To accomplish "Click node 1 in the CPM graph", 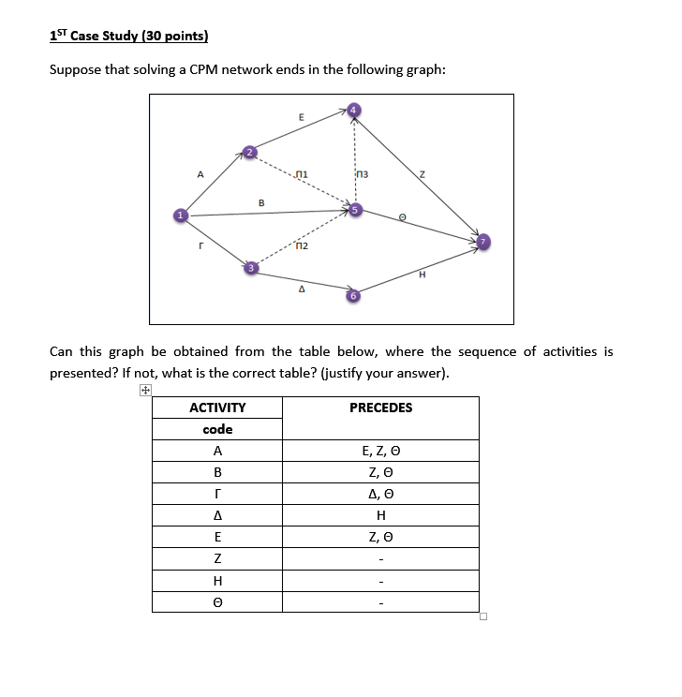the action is pos(177,216).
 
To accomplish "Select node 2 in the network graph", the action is pos(248,151).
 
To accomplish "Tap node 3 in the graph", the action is pos(249,268).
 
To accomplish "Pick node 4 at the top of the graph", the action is pos(353,110).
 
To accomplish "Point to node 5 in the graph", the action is pos(353,210).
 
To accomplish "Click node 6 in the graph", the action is pos(352,296).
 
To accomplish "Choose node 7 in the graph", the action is pos(483,242).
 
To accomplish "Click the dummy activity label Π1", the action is pos(300,173).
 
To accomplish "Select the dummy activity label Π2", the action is pos(300,246).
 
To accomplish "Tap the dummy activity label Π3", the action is pos(363,173).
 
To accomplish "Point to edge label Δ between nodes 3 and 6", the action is pos(301,289).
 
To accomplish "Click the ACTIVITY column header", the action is pos(217,408).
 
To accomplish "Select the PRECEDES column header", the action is pos(380,408).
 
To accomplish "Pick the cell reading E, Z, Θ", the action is pos(380,452).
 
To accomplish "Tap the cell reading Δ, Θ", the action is pos(380,495).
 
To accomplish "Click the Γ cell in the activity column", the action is pos(217,495).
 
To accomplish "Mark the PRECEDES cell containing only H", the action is pos(380,516).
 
